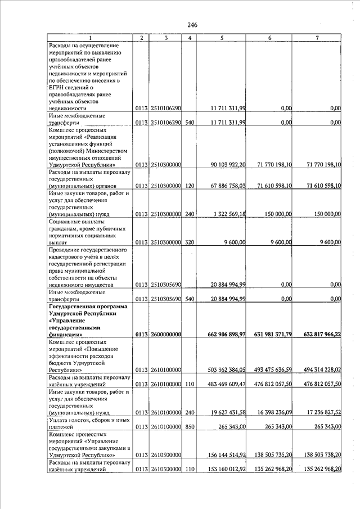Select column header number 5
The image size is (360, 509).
[x=222, y=38]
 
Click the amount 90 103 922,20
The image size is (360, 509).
[x=228, y=165]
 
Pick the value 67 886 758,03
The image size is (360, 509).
[x=228, y=185]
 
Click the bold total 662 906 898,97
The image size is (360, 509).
[x=227, y=335]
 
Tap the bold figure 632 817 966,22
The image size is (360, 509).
[x=318, y=335]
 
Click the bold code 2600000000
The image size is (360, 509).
[x=165, y=335]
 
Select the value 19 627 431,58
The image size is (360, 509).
[x=228, y=412]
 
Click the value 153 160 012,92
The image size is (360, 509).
[x=227, y=469]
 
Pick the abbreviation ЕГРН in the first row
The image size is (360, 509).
[x=57, y=87]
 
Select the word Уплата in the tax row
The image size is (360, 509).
[x=59, y=420]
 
